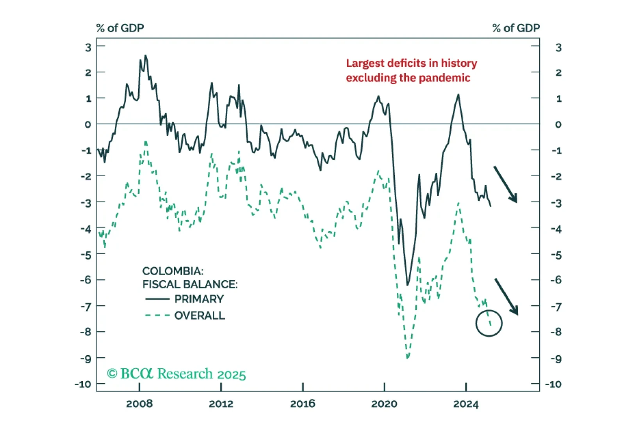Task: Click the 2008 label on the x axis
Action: [139, 404]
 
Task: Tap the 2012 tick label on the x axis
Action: [221, 404]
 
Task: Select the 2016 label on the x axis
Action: [302, 404]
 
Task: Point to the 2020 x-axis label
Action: [384, 404]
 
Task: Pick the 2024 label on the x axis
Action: [465, 404]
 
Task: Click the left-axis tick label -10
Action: [83, 384]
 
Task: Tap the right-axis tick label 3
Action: [558, 48]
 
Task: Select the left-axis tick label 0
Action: [88, 124]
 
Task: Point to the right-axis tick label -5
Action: [556, 255]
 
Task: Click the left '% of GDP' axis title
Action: [120, 28]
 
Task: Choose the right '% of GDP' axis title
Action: [516, 28]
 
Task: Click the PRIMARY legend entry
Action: [199, 299]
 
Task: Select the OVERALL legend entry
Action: [200, 315]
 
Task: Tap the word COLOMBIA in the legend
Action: [172, 271]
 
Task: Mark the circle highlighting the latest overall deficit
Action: [489, 323]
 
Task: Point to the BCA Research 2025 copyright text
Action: [177, 374]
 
